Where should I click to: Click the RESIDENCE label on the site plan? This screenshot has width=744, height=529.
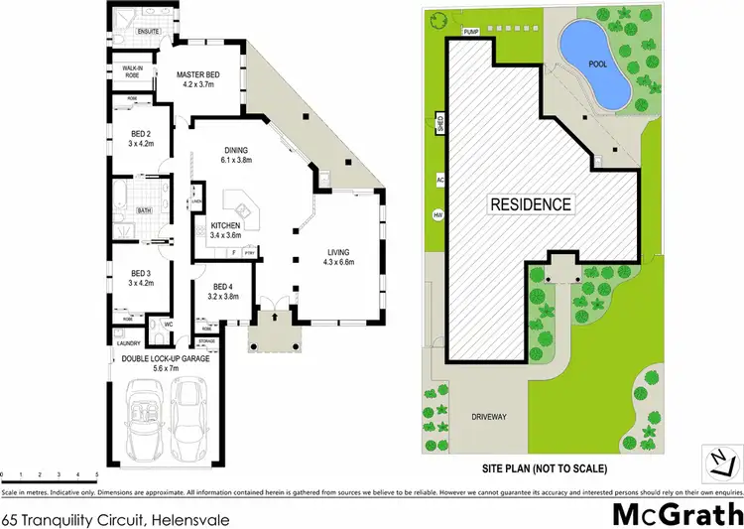coord(531,204)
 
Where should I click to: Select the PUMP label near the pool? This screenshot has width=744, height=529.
coord(471,32)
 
